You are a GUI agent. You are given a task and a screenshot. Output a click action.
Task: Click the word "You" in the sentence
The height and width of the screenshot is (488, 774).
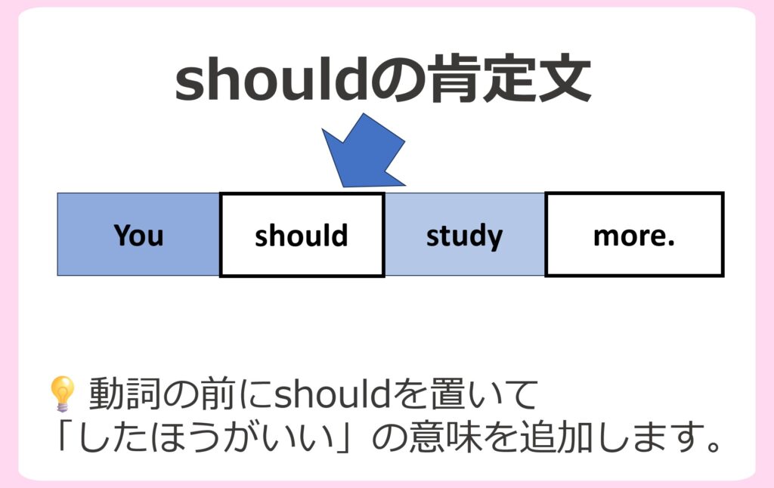pos(138,235)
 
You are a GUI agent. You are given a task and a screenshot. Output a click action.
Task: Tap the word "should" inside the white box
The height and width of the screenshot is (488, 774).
pos(301,235)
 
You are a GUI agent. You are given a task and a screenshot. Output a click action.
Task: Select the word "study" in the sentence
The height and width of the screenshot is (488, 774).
pos(465,236)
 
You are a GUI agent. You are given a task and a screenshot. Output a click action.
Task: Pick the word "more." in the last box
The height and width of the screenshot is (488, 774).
pos(634,236)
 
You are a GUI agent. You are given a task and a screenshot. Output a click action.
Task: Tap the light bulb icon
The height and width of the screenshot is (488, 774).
pos(63,394)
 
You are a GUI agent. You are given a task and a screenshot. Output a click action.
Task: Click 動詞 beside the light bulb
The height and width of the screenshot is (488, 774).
pos(125,394)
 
